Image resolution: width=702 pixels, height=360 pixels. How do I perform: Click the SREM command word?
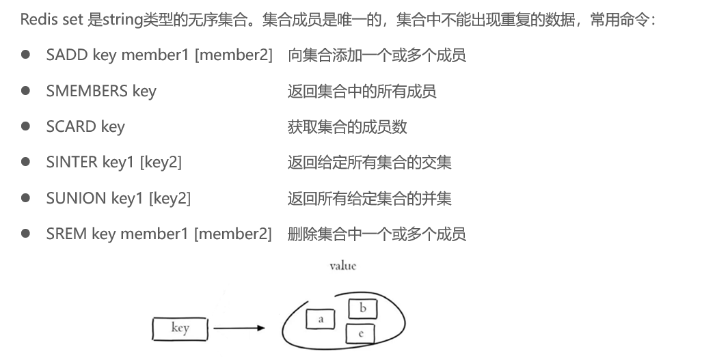point(66,234)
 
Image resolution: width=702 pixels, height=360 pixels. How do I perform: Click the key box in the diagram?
point(180,329)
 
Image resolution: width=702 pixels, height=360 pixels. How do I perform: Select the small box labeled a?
point(321,318)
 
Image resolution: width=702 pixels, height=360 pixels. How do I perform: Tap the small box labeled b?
point(362,309)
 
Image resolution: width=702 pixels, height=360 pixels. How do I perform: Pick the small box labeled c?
point(360,333)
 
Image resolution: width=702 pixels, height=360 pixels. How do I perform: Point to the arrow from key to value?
point(239,329)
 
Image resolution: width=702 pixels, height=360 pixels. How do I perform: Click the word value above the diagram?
point(342,266)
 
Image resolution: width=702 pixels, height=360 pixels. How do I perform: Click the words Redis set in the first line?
point(52,20)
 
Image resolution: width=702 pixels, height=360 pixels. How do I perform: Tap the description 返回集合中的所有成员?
point(362,91)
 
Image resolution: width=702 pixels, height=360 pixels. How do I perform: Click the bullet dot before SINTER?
point(25,162)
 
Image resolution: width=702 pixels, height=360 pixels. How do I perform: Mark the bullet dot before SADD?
point(25,55)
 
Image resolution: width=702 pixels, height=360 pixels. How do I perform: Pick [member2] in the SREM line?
point(232,234)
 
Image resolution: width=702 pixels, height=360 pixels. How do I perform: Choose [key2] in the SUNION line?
point(170,198)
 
